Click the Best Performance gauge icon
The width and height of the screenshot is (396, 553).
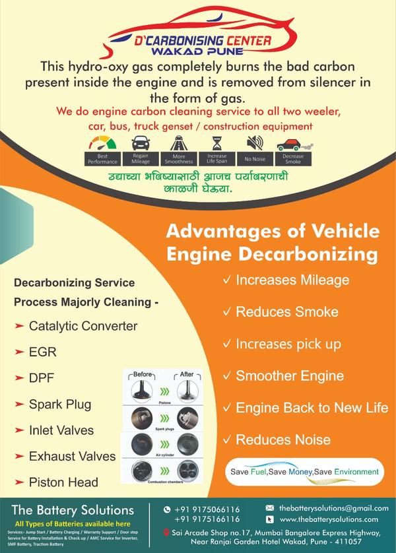[102, 143]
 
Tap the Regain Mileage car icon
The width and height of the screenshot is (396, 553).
[140, 143]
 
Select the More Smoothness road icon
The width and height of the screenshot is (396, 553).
[178, 143]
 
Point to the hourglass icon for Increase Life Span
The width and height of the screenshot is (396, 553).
[216, 143]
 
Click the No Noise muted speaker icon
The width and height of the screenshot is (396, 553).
[255, 143]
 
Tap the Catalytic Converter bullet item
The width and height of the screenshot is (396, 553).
[83, 326]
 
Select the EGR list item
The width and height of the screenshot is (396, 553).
[43, 352]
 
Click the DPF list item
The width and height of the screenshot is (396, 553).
[42, 378]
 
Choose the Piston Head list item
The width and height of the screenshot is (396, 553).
[63, 482]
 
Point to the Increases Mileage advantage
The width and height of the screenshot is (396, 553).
[292, 280]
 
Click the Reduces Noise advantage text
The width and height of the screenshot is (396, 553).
[278, 439]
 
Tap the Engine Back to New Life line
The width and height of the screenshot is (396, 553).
[312, 407]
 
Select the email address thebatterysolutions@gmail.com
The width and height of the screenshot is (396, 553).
[333, 508]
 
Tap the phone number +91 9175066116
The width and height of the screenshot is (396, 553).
[207, 509]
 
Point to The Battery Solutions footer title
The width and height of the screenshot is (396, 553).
[73, 510]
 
